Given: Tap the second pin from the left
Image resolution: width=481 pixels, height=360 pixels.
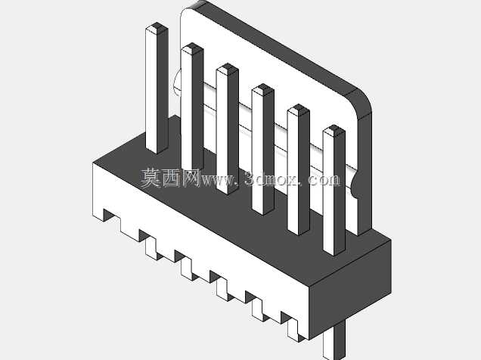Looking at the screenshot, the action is click(192, 107).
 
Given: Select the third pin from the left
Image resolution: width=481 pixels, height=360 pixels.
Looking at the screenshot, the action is click(228, 129).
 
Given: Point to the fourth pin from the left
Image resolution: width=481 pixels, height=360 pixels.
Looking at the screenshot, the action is click(263, 149).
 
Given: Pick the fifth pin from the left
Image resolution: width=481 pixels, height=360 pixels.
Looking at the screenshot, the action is click(299, 169).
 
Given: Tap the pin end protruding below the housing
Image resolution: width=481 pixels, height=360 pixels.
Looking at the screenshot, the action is click(334, 343).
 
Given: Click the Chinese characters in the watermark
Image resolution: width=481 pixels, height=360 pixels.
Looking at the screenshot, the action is click(171, 178).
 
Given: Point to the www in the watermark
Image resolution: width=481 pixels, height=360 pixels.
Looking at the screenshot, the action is click(217, 180).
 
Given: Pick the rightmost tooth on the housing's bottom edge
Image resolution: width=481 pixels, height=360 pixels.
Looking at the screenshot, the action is click(293, 331).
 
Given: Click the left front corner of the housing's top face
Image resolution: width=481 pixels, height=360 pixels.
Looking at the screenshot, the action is click(92, 163).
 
